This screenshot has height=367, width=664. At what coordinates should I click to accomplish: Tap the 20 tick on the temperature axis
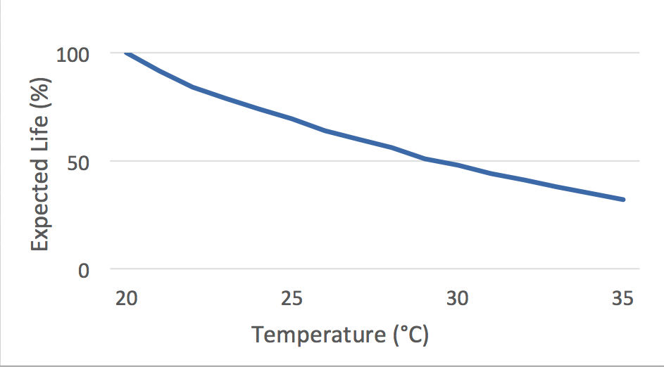pos(127,297)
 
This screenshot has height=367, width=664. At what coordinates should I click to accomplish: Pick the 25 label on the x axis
pos(292,297)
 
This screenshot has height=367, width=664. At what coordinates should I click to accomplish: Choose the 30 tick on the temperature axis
pos(458,297)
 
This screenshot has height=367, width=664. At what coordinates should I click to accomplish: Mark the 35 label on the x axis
pos(622,297)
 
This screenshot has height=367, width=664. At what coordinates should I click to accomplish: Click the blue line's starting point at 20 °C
pos(127,53)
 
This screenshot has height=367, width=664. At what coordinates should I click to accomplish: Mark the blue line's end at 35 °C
pos(623,200)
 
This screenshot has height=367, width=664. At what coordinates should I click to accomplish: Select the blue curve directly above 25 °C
pos(292,119)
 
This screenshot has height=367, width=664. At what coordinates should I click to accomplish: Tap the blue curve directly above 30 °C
pos(458,165)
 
